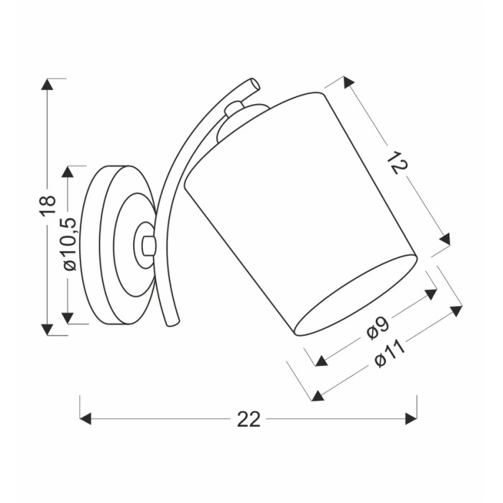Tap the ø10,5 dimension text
(x=69, y=244)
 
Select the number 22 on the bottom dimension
(x=249, y=419)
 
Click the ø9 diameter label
(x=378, y=329)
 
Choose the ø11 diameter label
(x=389, y=354)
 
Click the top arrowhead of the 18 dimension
(x=47, y=84)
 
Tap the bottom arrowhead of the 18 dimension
(x=47, y=329)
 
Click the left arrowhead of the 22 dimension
(x=86, y=419)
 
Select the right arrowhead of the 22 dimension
(x=411, y=419)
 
